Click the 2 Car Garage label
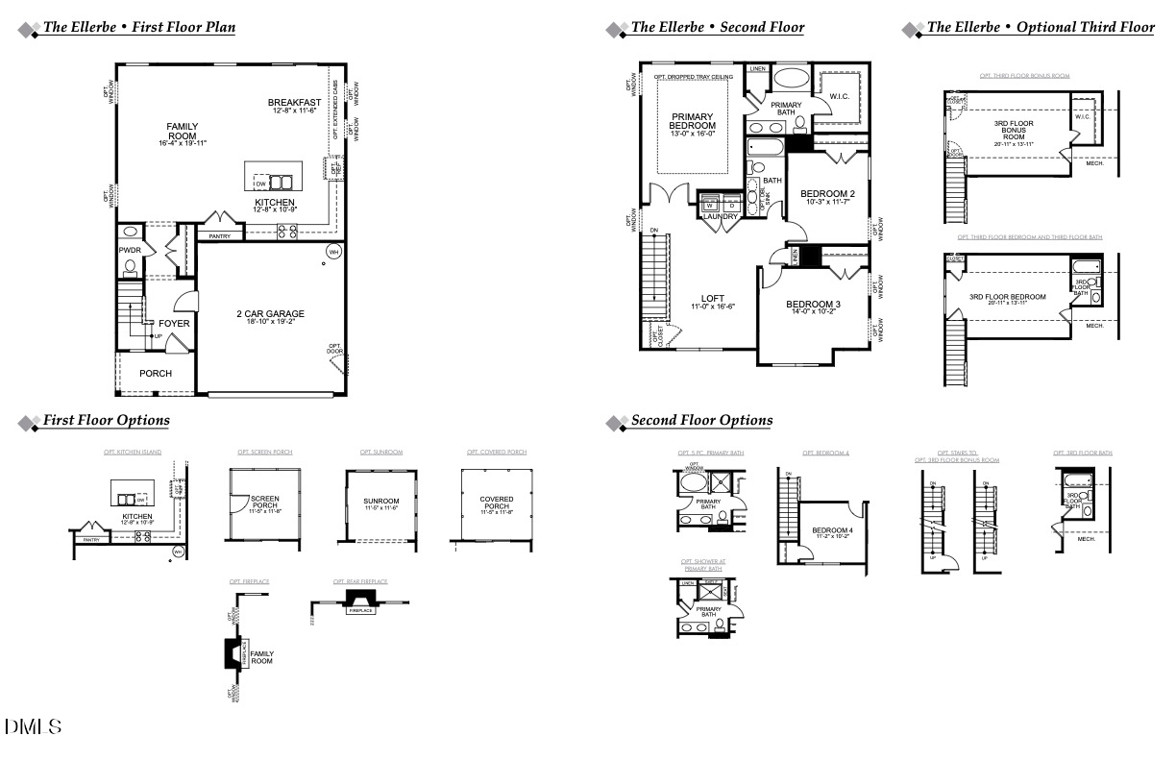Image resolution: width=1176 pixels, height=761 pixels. (x=270, y=314)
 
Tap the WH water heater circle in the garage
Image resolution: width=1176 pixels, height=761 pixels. (x=334, y=253)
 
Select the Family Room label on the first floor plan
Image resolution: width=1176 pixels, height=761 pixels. (x=182, y=131)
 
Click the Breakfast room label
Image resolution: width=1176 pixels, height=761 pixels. (x=294, y=103)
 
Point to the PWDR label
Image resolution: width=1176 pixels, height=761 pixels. (x=130, y=250)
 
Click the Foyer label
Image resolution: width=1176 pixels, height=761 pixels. (x=174, y=324)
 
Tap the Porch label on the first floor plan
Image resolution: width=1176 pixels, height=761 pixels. (x=156, y=373)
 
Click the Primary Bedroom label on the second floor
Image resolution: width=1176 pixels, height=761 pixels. (x=692, y=121)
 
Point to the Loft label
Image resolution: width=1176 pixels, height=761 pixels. (x=712, y=298)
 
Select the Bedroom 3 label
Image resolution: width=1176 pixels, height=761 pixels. (x=816, y=305)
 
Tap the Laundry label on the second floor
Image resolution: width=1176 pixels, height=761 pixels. (x=720, y=217)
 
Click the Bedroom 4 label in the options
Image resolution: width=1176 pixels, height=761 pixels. (x=832, y=530)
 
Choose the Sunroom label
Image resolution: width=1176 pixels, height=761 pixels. (x=380, y=501)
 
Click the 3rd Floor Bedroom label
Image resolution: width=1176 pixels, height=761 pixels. (x=1007, y=297)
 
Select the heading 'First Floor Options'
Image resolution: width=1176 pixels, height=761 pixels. (x=106, y=421)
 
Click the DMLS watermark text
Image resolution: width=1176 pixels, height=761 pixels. (x=34, y=727)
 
